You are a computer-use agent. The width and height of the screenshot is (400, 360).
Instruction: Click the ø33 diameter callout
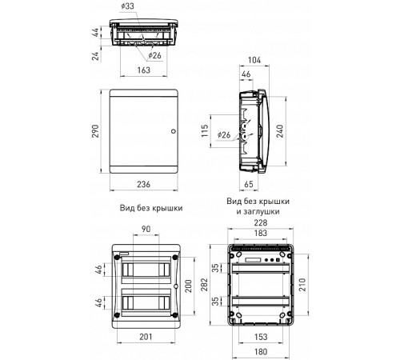[x=127, y=6]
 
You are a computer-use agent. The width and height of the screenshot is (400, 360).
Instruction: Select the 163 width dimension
[x=144, y=70]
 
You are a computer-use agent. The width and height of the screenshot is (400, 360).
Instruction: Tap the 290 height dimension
[x=95, y=131]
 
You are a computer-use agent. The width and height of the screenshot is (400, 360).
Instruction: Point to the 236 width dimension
[x=144, y=184]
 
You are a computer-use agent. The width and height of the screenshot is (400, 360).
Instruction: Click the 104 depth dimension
[x=254, y=60]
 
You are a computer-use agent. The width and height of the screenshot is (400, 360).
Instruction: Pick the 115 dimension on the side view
[x=205, y=130]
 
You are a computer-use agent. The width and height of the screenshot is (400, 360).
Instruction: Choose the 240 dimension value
[x=280, y=131]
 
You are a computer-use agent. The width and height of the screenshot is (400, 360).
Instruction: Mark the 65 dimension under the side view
[x=249, y=184]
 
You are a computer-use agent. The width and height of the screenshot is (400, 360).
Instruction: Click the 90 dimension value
[x=146, y=229]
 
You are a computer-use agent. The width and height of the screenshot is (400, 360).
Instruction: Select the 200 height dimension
[x=189, y=286]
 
